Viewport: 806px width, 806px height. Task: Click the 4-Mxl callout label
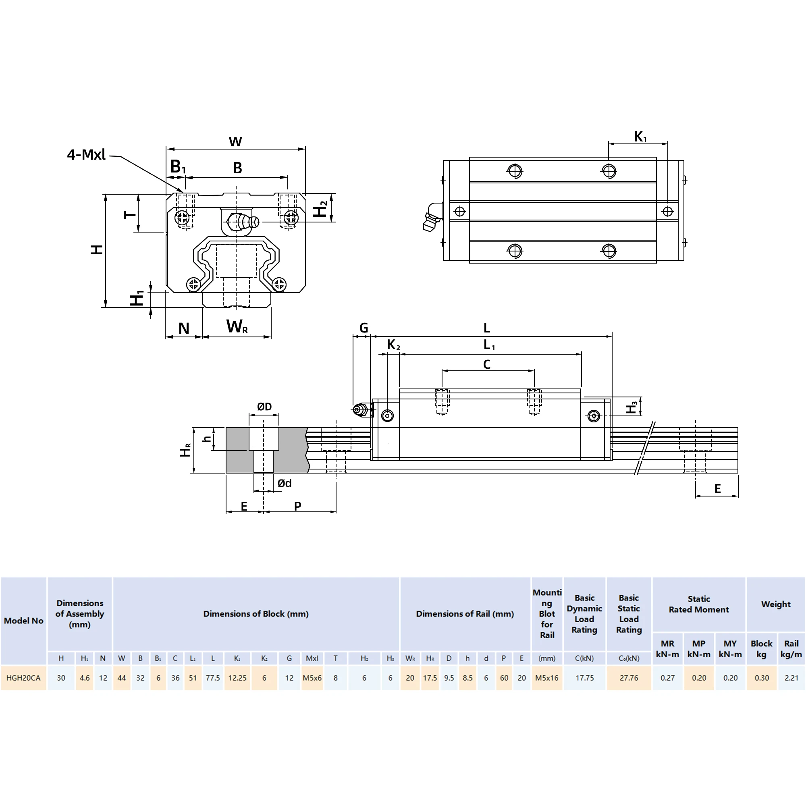pos(86,155)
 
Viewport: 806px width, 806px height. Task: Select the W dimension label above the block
pos(235,141)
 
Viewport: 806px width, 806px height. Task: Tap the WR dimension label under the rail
pos(237,326)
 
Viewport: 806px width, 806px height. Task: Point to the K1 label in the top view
pos(640,137)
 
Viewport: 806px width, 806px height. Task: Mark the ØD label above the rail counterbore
pos(264,406)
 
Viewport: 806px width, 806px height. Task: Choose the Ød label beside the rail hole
pos(285,483)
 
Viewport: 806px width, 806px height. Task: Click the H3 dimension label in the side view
pos(632,407)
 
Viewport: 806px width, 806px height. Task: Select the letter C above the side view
pos(487,365)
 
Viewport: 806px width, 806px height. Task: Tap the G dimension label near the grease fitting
pos(364,328)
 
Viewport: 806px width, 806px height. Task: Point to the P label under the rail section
pos(297,506)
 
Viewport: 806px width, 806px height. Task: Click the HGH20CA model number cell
pos(23,678)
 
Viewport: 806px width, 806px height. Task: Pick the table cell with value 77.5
pos(213,678)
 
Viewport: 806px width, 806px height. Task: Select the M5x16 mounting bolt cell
pos(546,678)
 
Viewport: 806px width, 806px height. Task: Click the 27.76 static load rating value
pos(629,678)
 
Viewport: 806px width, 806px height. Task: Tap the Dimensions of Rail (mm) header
pos(465,614)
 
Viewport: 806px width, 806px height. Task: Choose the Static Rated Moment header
pos(699,604)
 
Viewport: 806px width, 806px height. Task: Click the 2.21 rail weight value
pos(791,678)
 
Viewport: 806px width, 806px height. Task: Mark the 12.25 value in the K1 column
pos(237,678)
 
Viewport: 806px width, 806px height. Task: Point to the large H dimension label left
pos(97,250)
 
